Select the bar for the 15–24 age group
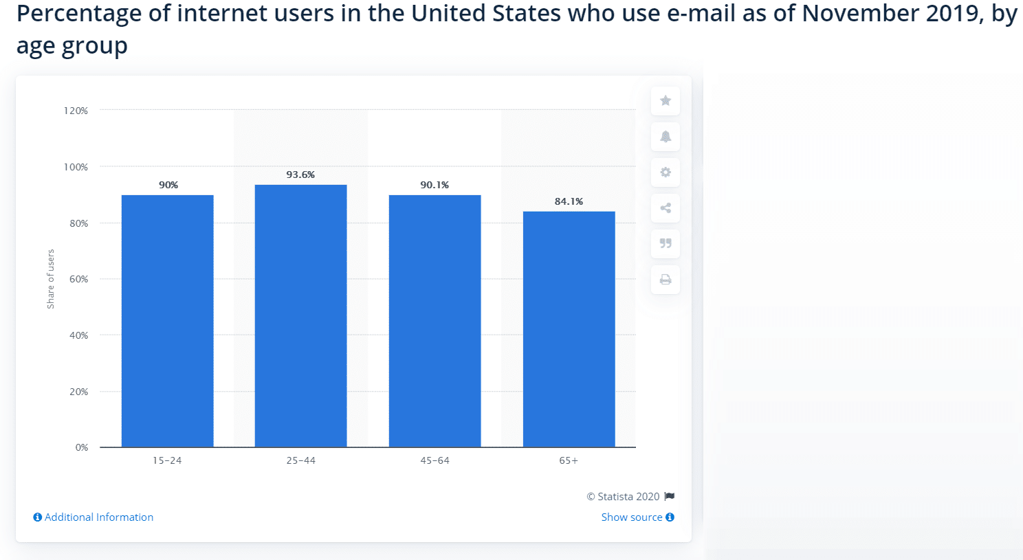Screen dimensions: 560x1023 click(x=167, y=321)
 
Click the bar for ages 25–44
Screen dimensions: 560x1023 click(x=300, y=316)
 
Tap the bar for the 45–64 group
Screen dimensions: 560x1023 click(x=434, y=321)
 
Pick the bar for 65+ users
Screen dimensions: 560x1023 click(x=569, y=329)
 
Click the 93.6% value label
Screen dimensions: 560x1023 click(x=300, y=175)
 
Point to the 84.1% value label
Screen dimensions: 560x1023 click(x=569, y=201)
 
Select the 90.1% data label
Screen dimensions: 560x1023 click(x=434, y=185)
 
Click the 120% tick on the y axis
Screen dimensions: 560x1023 click(x=76, y=111)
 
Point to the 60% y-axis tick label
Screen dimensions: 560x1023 click(x=78, y=279)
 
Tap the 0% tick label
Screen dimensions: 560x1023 click(x=82, y=447)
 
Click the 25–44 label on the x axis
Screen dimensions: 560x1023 click(x=300, y=460)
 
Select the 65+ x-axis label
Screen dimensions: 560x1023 click(x=569, y=460)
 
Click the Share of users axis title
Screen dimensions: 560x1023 click(x=50, y=279)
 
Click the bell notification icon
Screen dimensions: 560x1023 click(x=665, y=137)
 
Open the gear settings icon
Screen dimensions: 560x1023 click(x=665, y=172)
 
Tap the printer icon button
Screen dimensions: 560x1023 click(x=665, y=280)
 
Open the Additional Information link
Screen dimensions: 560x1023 click(x=98, y=517)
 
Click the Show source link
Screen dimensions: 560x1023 click(x=632, y=517)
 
